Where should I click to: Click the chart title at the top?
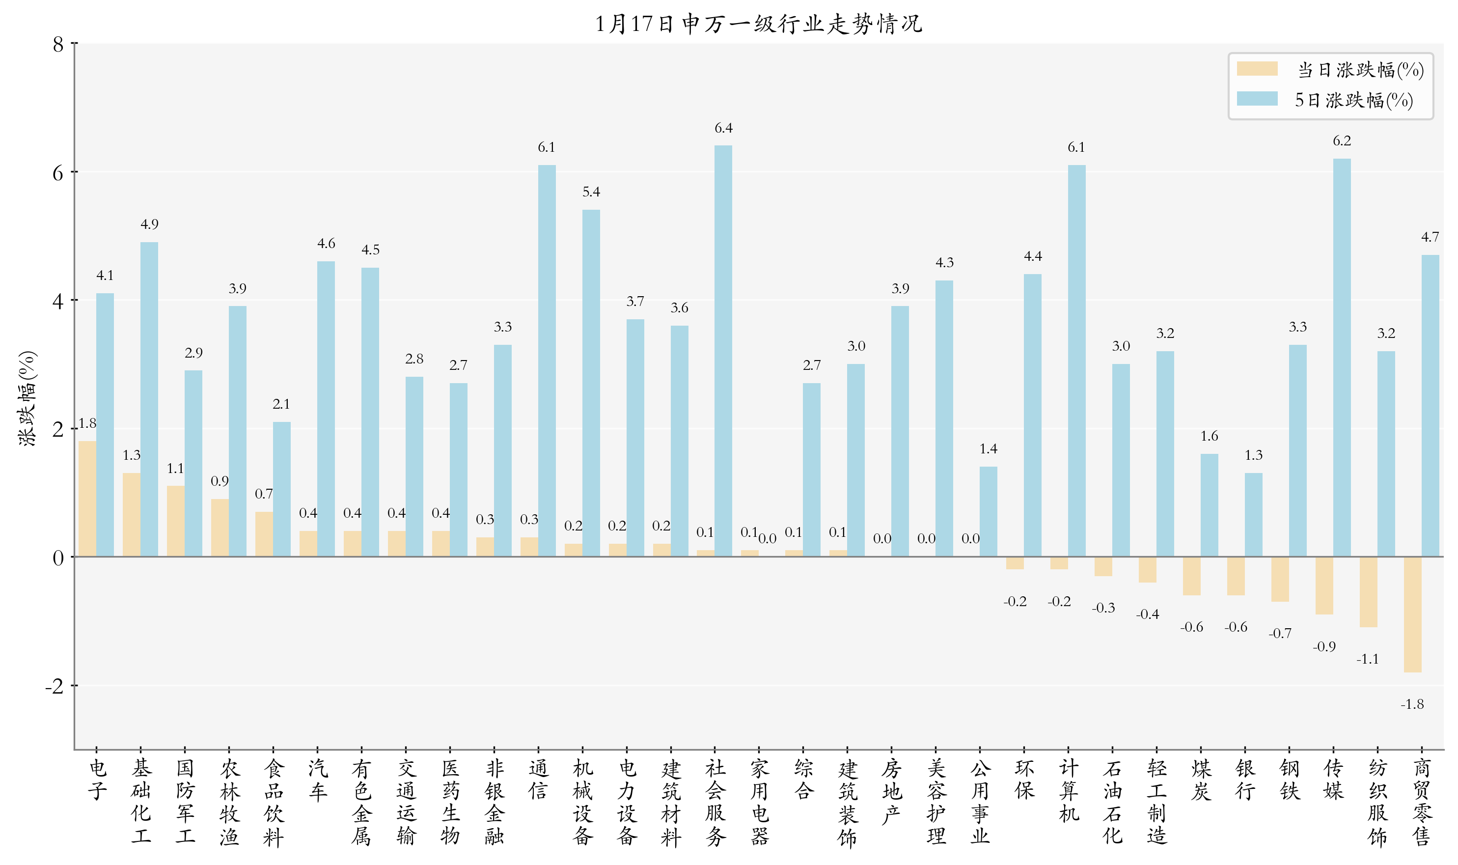point(758,24)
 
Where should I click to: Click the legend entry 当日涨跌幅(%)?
point(1359,70)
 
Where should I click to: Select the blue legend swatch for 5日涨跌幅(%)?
point(1257,99)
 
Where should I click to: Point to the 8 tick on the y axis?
point(58,44)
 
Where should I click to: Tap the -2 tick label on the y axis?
point(55,686)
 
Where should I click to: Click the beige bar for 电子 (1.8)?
point(87,499)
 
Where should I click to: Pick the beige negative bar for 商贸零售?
point(1412,614)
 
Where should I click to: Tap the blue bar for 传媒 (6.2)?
point(1342,357)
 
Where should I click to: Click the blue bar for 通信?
point(547,361)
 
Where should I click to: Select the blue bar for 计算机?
point(1076,361)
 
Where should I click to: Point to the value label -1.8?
point(1411,704)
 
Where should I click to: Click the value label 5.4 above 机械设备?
point(591,192)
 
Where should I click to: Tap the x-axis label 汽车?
point(318,780)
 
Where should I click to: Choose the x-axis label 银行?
point(1245,780)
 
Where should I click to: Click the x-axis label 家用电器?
point(759,802)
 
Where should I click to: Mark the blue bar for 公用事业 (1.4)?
point(989,512)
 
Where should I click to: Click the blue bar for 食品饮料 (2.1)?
point(281,489)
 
